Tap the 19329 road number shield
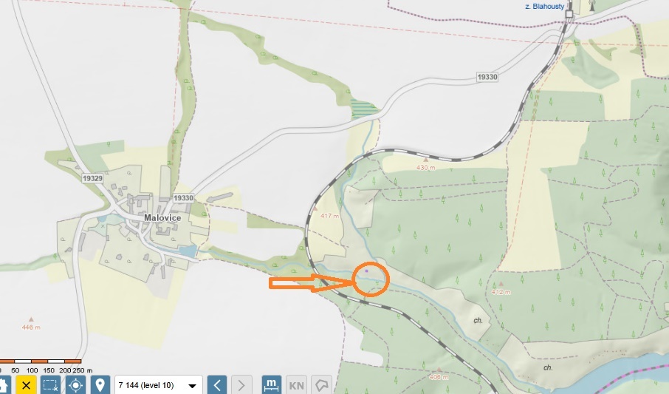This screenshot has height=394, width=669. point(92,179)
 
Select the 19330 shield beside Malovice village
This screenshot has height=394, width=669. point(183,198)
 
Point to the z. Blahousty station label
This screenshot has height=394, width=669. point(544,7)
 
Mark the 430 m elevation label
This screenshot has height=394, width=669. point(427,167)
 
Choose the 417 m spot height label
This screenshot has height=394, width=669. point(330,216)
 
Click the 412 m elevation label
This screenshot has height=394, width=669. point(502,291)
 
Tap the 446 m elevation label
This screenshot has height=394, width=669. point(30,327)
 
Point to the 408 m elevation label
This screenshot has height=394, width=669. point(439,376)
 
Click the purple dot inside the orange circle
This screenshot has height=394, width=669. point(366,271)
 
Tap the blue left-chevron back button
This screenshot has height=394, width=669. point(216,385)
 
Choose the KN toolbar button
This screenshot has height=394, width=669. point(296,385)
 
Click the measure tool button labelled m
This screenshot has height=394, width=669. point(272,385)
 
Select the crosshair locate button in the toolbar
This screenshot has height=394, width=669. point(75,385)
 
